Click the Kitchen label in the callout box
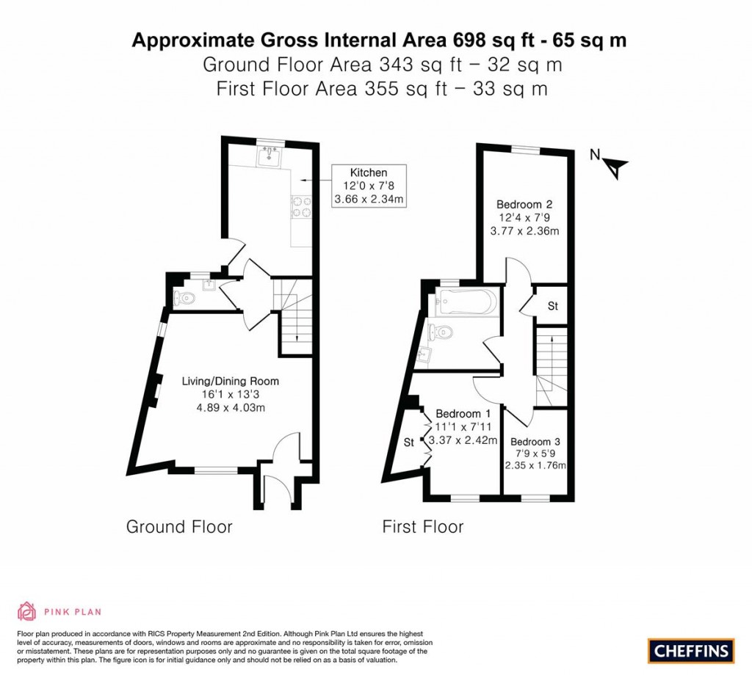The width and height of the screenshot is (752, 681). [369, 172]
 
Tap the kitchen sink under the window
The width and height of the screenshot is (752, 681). [269, 156]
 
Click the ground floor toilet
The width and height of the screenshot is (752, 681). [184, 298]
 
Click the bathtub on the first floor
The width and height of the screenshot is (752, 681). [463, 302]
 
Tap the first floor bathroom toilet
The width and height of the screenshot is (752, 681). [441, 331]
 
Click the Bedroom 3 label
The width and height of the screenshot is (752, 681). [535, 442]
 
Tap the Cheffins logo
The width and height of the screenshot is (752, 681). [691, 651]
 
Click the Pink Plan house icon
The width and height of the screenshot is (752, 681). [27, 611]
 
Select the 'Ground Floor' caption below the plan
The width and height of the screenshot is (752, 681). [179, 527]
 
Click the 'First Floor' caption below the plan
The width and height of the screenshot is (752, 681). [423, 527]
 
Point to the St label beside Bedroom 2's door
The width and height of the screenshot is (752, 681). [553, 306]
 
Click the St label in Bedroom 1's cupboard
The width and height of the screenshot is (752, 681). [408, 443]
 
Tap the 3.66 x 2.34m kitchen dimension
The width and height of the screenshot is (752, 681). [369, 199]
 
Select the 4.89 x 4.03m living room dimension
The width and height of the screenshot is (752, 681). [231, 408]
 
